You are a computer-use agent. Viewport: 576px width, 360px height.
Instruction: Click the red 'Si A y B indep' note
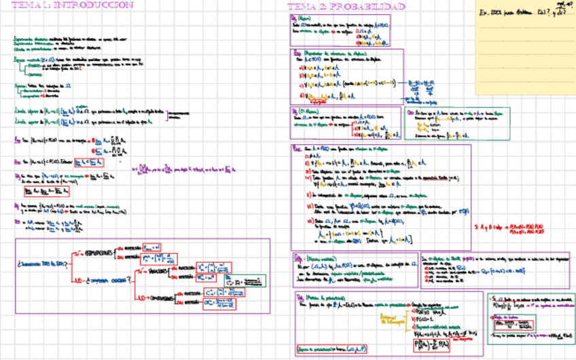(514, 228)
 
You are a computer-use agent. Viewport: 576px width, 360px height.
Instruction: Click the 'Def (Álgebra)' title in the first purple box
(299, 19)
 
